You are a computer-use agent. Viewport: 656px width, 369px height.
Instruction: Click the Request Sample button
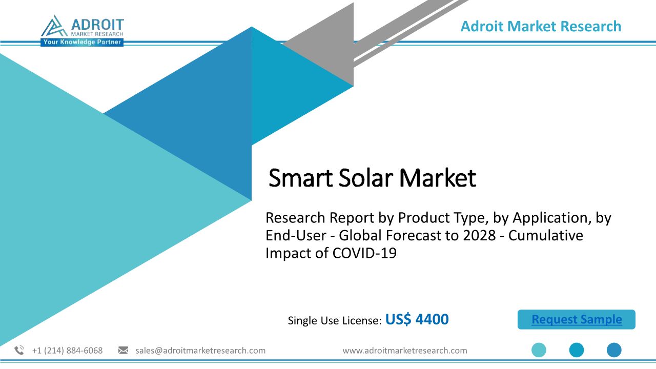[577, 319]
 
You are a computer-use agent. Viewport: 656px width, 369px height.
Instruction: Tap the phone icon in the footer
[19, 350]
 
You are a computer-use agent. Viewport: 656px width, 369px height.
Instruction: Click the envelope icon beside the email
[123, 350]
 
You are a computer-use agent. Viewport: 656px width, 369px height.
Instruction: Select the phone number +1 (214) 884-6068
[67, 351]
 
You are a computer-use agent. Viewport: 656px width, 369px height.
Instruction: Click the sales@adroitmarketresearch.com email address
[200, 351]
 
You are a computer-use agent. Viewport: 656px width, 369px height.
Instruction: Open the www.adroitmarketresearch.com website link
[405, 351]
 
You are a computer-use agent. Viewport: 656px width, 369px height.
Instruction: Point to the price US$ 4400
[417, 319]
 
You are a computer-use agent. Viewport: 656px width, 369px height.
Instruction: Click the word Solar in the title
[365, 178]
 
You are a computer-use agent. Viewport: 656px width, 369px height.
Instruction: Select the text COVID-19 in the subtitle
[364, 253]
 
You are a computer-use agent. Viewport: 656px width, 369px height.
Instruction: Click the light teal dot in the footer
[539, 350]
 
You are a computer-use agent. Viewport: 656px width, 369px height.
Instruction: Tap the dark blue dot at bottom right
[614, 350]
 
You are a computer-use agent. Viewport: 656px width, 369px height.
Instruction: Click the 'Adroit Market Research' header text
[541, 26]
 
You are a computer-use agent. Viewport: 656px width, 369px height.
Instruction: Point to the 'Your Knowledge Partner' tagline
[82, 42]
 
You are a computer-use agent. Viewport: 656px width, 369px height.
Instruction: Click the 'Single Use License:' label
[335, 320]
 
